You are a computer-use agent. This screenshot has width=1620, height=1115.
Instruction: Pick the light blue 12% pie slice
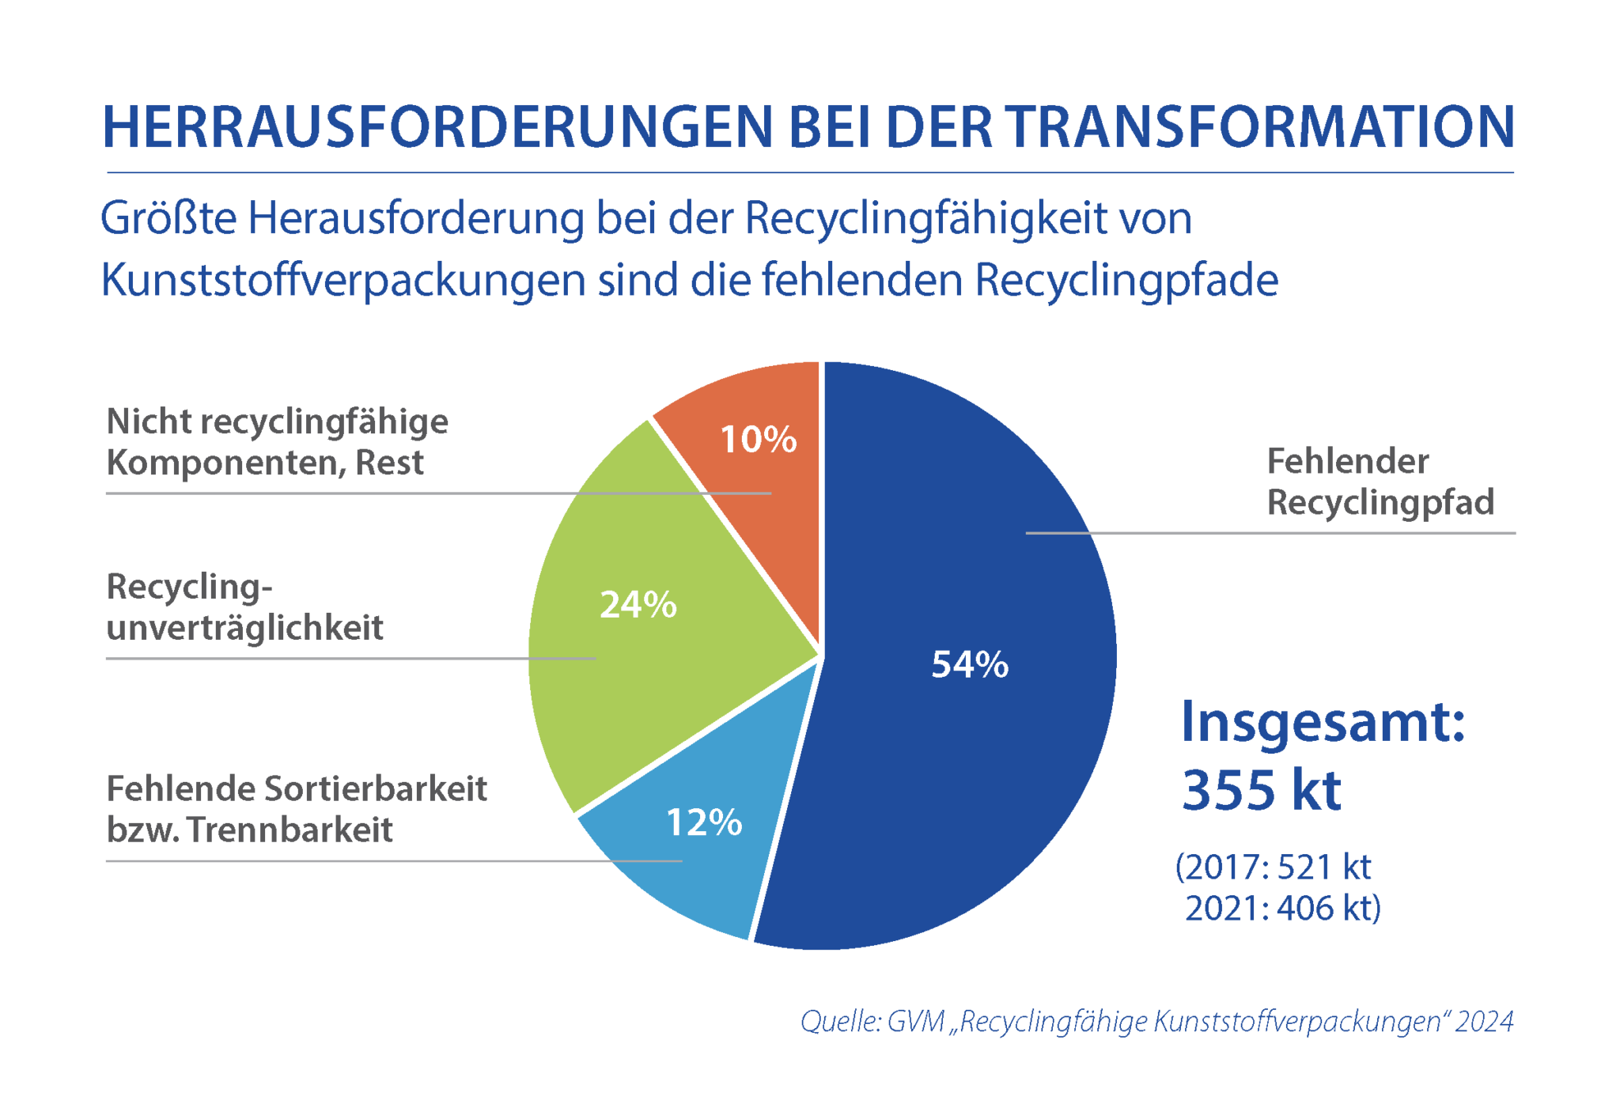[696, 870]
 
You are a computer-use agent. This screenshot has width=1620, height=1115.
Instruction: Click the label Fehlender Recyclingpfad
[1380, 482]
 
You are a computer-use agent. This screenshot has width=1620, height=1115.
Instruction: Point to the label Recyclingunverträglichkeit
[244, 607]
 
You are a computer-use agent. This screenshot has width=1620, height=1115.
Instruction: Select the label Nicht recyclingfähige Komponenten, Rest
[277, 442]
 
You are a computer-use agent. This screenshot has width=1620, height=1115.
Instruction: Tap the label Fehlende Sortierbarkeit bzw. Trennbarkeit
[297, 809]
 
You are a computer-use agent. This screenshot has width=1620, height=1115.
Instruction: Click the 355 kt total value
[1262, 790]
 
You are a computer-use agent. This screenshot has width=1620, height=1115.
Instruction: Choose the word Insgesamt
[1323, 722]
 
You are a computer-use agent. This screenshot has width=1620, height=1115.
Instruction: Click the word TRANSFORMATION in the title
[1261, 127]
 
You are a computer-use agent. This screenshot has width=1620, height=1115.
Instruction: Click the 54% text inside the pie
[970, 664]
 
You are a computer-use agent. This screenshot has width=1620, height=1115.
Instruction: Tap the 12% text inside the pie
[704, 822]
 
